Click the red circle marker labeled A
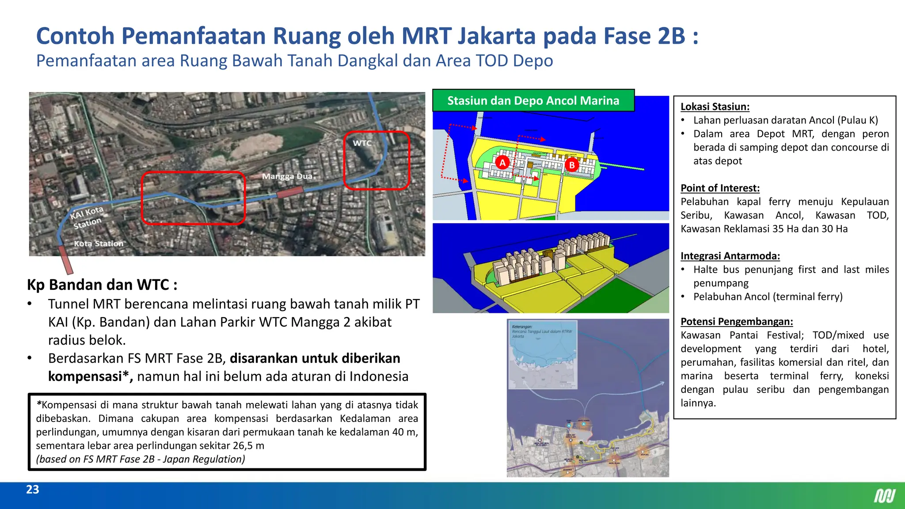click(x=502, y=163)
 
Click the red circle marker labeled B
click(x=572, y=165)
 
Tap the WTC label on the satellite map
click(x=362, y=143)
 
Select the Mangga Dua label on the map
click(x=287, y=176)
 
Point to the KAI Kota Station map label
click(x=87, y=217)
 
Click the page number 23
click(x=33, y=490)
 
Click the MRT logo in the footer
click(x=885, y=496)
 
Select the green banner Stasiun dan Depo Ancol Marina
click(x=533, y=101)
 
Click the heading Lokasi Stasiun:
click(x=715, y=106)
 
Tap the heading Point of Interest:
click(x=720, y=188)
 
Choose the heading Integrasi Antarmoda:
click(x=730, y=256)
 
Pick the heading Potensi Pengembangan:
click(x=737, y=321)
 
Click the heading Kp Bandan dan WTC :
click(x=102, y=285)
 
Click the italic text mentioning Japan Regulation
click(x=141, y=459)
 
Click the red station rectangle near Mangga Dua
click(x=290, y=193)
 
